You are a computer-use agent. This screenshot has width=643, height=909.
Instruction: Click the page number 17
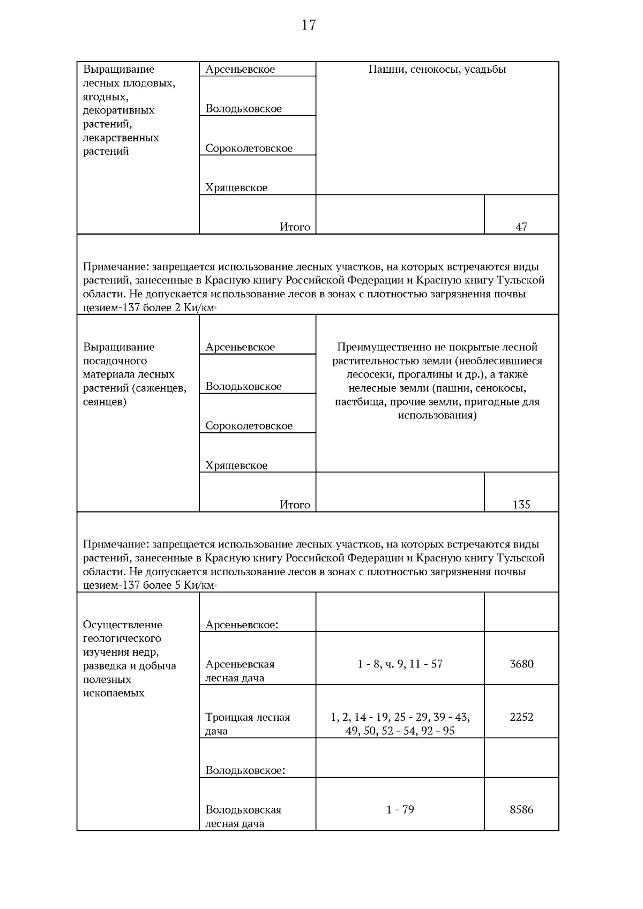pyautogui.click(x=309, y=25)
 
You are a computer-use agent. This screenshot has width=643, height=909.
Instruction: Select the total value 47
pyautogui.click(x=521, y=227)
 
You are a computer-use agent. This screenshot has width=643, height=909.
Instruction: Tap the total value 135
pyautogui.click(x=521, y=504)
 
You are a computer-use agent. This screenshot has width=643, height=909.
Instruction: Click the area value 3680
pyautogui.click(x=521, y=664)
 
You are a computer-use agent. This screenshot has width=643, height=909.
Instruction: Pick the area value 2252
pyautogui.click(x=521, y=717)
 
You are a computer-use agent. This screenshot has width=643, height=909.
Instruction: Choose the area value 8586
pyautogui.click(x=521, y=809)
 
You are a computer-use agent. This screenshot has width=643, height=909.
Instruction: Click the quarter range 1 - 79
pyautogui.click(x=400, y=809)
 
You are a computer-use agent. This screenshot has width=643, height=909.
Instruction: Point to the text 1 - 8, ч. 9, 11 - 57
pyautogui.click(x=400, y=664)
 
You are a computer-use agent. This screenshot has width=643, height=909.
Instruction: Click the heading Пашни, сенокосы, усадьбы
pyautogui.click(x=437, y=69)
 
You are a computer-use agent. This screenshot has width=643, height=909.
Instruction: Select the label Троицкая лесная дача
pyautogui.click(x=247, y=724)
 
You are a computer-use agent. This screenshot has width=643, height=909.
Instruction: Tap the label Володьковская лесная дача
pyautogui.click(x=243, y=816)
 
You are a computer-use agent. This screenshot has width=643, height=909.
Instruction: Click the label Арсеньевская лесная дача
pyautogui.click(x=240, y=671)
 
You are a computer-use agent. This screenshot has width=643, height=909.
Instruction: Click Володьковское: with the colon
pyautogui.click(x=245, y=770)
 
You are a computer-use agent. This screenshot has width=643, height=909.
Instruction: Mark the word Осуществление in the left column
pyautogui.click(x=122, y=625)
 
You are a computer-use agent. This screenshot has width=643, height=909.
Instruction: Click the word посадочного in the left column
pyautogui.click(x=115, y=360)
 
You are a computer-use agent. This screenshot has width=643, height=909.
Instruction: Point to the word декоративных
pyautogui.click(x=118, y=110)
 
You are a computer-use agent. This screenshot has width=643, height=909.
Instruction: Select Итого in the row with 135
pyautogui.click(x=294, y=504)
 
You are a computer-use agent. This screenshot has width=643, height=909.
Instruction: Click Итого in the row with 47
pyautogui.click(x=294, y=227)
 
